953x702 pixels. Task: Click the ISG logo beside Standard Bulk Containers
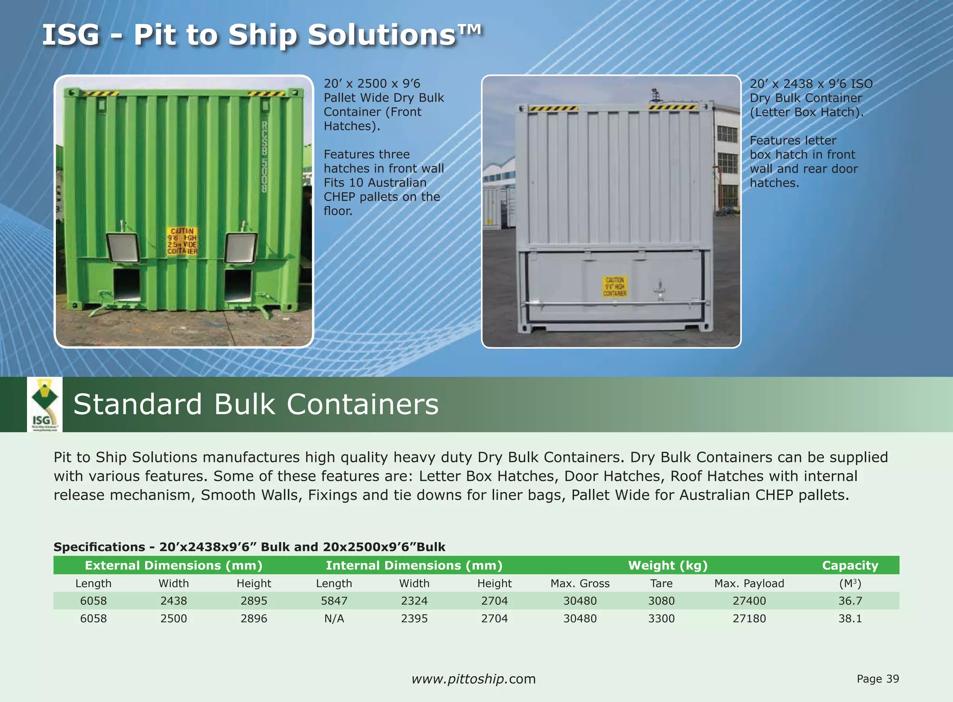pyautogui.click(x=44, y=404)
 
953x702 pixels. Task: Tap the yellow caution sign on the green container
pyautogui.click(x=182, y=241)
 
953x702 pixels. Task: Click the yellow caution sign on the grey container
pyautogui.click(x=615, y=287)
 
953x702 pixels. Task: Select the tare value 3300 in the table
pyautogui.click(x=661, y=619)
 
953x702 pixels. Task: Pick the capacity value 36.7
pyautogui.click(x=850, y=601)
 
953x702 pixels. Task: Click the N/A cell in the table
pyautogui.click(x=334, y=619)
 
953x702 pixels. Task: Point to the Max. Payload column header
pyautogui.click(x=749, y=583)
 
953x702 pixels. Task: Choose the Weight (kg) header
pyautogui.click(x=668, y=565)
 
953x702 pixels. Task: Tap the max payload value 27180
pyautogui.click(x=749, y=619)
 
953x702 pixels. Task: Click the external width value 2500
pyautogui.click(x=174, y=619)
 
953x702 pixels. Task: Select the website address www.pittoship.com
pyautogui.click(x=474, y=679)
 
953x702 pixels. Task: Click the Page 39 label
pyautogui.click(x=878, y=679)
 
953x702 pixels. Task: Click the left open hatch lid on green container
pyautogui.click(x=123, y=247)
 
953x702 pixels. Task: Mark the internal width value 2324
pyautogui.click(x=414, y=601)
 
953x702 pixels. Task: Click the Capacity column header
pyautogui.click(x=850, y=565)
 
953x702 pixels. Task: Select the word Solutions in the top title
pyautogui.click(x=382, y=35)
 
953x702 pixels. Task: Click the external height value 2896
pyautogui.click(x=254, y=619)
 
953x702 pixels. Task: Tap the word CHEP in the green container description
pyautogui.click(x=340, y=197)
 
